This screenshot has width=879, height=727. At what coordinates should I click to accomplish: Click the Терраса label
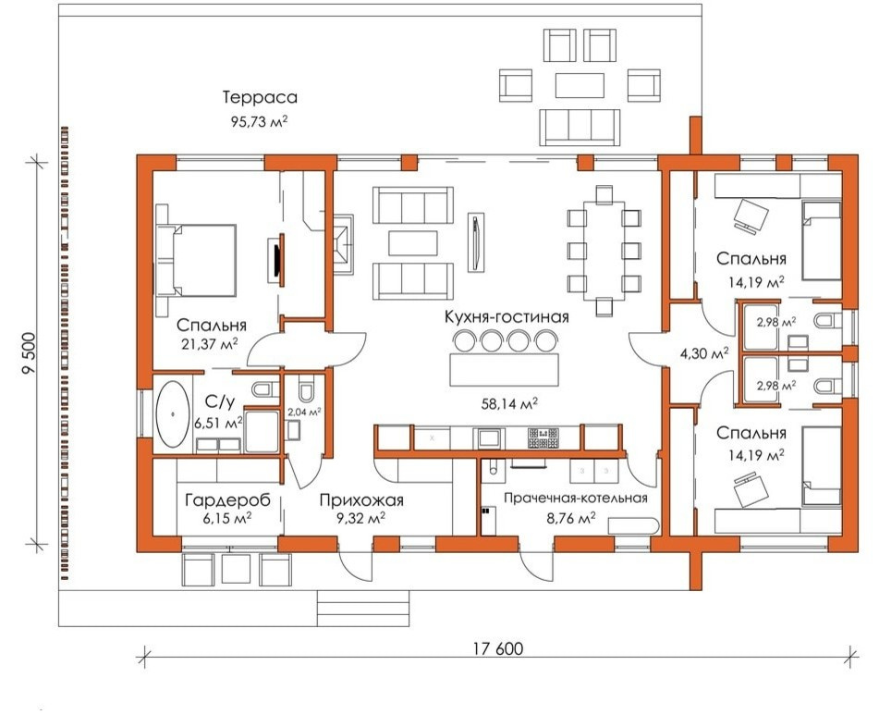(x=260, y=97)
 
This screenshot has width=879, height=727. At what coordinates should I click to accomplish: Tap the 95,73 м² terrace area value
(x=259, y=121)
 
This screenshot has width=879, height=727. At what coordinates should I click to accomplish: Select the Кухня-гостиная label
(x=507, y=316)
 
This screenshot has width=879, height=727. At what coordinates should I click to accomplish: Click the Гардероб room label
(x=227, y=499)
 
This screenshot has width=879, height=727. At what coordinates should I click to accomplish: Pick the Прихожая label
(x=361, y=499)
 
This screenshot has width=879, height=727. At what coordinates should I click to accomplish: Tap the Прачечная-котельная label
(x=575, y=498)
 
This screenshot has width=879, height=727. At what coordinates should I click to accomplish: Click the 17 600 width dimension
(x=498, y=648)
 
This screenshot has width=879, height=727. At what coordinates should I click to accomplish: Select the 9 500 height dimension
(x=29, y=353)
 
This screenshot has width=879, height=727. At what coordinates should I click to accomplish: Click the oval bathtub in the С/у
(x=173, y=414)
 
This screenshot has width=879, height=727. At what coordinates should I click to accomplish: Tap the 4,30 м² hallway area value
(x=704, y=353)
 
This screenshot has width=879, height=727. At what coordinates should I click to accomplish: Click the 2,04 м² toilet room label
(x=304, y=412)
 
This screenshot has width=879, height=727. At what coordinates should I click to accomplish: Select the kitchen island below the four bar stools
(x=504, y=370)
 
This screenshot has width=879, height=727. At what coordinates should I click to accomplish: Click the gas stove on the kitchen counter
(x=543, y=437)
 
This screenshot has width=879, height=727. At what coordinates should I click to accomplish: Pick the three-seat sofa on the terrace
(x=580, y=128)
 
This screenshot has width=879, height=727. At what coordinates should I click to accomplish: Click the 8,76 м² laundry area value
(x=570, y=518)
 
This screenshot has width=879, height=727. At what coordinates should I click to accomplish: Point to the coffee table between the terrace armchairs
(x=580, y=85)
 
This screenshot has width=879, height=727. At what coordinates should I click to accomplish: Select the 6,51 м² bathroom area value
(x=218, y=422)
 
